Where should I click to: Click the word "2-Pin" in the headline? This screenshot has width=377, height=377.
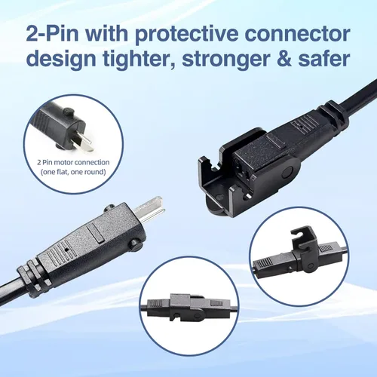pos(53,34)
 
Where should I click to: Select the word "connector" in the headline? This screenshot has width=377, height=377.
pos(297,34)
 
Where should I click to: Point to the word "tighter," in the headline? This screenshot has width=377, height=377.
pos(139,60)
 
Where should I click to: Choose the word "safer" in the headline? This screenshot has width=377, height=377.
pos(324,58)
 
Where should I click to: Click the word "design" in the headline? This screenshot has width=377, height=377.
pos(61,60)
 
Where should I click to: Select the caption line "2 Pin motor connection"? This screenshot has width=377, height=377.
pos(73,162)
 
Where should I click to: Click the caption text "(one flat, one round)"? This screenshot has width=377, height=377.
pos(73,172)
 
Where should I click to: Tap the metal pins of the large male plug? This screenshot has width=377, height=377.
pos(149,209)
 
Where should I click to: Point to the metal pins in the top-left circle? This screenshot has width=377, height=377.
pos(85,143)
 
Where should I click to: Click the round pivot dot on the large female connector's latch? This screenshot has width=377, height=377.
pos(287,173)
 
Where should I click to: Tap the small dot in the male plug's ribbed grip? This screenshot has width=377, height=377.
pos(66,250)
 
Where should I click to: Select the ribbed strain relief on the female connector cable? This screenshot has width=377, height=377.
pos(333,115)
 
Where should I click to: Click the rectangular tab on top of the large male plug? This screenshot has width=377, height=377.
pos(96,232)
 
